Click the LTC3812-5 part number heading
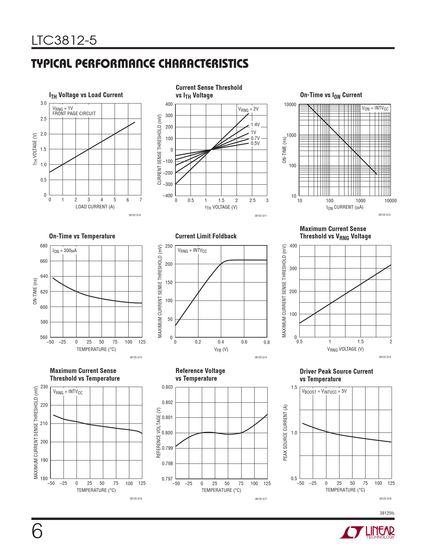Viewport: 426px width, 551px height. click(x=64, y=40)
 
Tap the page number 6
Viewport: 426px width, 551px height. click(x=37, y=531)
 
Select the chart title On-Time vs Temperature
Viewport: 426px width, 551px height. click(x=82, y=236)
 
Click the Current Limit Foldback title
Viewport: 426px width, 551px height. click(x=205, y=236)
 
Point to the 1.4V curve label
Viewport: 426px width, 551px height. click(x=255, y=125)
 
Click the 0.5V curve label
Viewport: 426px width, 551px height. click(x=255, y=143)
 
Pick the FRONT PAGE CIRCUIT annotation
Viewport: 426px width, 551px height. click(x=74, y=114)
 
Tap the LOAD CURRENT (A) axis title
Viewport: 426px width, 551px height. click(x=95, y=207)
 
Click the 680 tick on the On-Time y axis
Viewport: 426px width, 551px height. click(x=44, y=246)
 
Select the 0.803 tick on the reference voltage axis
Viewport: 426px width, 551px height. click(x=167, y=387)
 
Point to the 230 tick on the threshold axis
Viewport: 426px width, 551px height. click(x=44, y=387)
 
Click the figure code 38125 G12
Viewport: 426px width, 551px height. click(x=384, y=215)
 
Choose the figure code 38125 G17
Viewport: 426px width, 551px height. click(x=261, y=499)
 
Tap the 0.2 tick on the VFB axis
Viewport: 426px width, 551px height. click(x=198, y=342)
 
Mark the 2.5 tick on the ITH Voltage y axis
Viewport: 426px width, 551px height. click(x=43, y=119)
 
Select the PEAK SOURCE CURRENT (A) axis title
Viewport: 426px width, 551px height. click(x=285, y=433)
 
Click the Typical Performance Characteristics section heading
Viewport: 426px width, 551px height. click(x=140, y=63)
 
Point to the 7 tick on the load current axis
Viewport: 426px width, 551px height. click(x=141, y=200)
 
